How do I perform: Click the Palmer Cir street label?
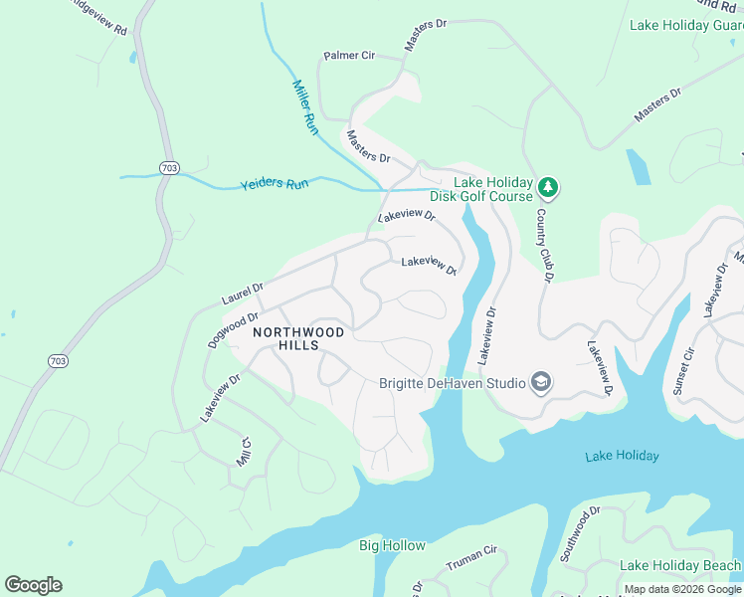pyautogui.click(x=348, y=56)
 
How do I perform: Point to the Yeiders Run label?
pyautogui.click(x=275, y=185)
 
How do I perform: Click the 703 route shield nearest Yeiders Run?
pyautogui.click(x=169, y=168)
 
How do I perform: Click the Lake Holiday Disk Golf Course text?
pyautogui.click(x=493, y=189)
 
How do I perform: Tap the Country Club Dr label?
pyautogui.click(x=543, y=245)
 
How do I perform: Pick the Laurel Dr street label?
pyautogui.click(x=242, y=295)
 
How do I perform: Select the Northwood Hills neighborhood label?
pyautogui.click(x=298, y=338)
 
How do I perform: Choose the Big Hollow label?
pyautogui.click(x=392, y=545)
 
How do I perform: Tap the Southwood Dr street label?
pyautogui.click(x=580, y=534)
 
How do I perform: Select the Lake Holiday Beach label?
pyautogui.click(x=679, y=565)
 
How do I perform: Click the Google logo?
pyautogui.click(x=33, y=584)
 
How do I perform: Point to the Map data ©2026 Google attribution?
pyautogui.click(x=682, y=590)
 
